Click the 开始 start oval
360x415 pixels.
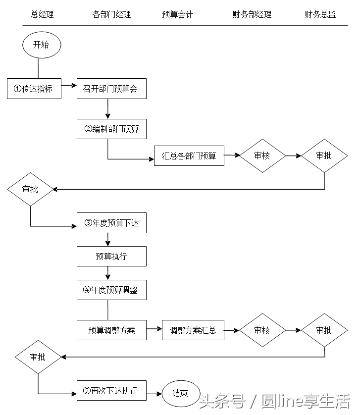[42, 45]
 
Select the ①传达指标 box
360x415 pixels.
[34, 89]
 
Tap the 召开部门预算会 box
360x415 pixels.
[111, 89]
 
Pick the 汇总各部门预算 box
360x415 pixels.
[189, 156]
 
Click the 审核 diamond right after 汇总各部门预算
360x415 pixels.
[262, 156]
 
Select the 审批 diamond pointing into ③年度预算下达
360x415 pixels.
[30, 189]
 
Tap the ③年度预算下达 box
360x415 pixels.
[111, 223]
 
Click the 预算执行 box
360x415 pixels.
[111, 257]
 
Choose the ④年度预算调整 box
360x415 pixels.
[111, 290]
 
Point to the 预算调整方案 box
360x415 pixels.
[111, 330]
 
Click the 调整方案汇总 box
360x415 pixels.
[193, 330]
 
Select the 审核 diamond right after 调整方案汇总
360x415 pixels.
[262, 330]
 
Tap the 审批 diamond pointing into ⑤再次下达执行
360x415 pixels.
[38, 357]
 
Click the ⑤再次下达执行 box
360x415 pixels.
[111, 390]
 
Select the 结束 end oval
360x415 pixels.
[180, 393]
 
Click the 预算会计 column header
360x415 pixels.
[177, 14]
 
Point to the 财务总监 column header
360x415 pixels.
[320, 14]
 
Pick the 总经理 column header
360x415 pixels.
[42, 14]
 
